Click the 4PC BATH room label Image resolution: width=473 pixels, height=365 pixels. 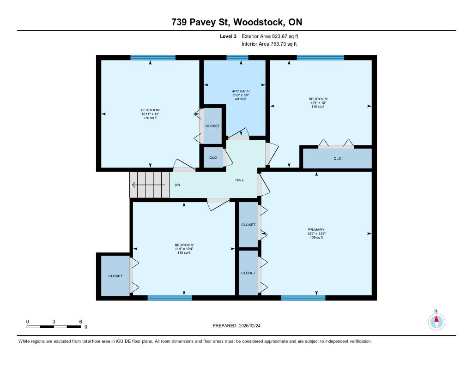(241, 91)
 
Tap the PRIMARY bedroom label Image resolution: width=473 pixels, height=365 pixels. (316, 229)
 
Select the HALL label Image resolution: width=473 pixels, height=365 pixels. (240, 180)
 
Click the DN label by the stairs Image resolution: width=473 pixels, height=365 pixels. (177, 185)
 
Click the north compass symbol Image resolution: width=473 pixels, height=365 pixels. (436, 322)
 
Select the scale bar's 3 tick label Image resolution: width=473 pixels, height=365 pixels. (54, 322)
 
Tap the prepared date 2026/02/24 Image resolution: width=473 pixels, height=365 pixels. (249, 325)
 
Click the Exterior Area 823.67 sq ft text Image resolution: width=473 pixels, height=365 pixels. (270, 36)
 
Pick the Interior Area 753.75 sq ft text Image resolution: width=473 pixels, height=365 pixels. (269, 44)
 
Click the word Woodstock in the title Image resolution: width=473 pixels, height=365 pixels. (259, 22)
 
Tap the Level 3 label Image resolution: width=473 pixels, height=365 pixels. (228, 36)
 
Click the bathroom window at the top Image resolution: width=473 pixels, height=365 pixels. (237, 58)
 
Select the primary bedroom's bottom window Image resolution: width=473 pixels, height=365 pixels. (303, 298)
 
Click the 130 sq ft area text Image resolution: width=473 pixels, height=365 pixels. (150, 118)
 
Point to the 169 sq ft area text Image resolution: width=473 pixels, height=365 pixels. (316, 237)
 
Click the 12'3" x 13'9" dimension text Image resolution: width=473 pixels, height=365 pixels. (316, 233)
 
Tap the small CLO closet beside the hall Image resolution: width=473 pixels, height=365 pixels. (213, 157)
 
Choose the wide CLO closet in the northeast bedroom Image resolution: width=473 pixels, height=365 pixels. (337, 158)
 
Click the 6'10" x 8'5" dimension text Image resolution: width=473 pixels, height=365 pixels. (241, 95)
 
